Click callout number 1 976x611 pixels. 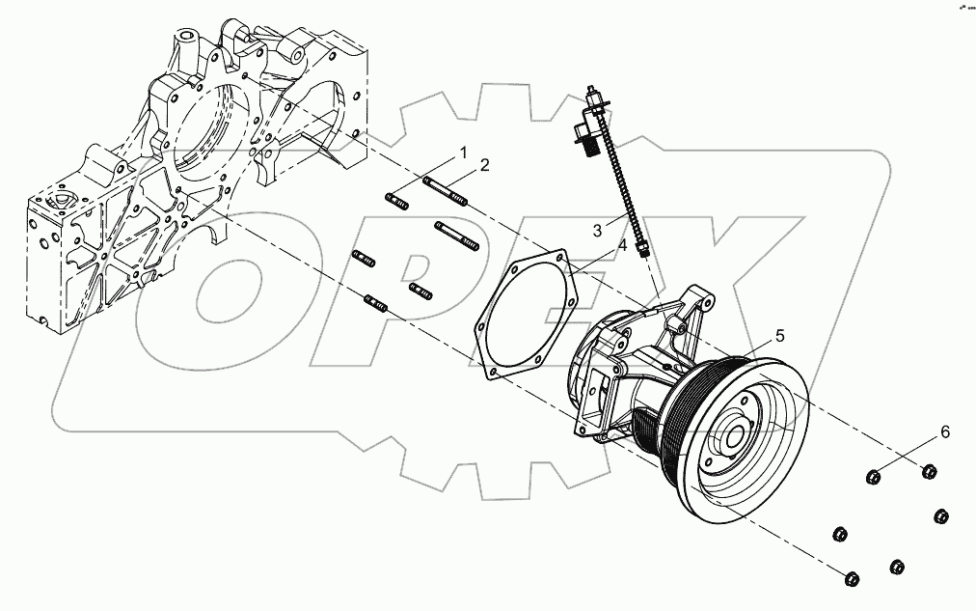463,153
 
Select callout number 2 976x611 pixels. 485,165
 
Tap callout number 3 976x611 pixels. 598,231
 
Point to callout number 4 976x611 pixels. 622,246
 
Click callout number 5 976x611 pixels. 779,335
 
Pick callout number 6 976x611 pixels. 945,432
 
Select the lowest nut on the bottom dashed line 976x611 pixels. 852,579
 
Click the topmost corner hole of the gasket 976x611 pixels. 558,258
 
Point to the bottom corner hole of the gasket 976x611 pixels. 496,373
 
